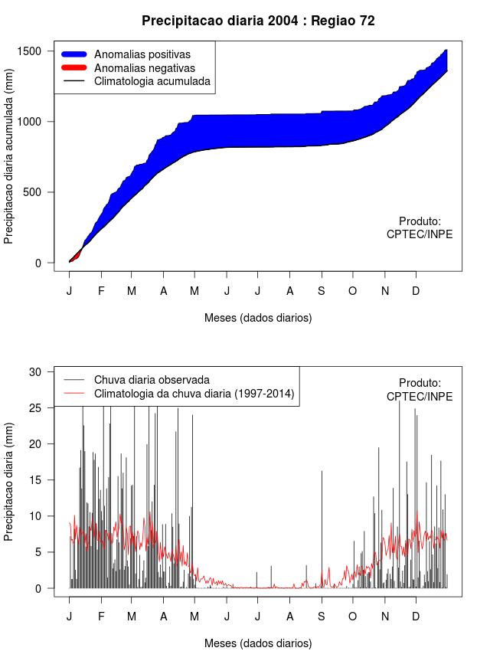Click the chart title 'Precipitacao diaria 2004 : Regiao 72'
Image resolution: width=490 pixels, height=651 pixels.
pyautogui.click(x=258, y=21)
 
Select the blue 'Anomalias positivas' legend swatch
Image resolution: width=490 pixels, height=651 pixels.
pyautogui.click(x=75, y=54)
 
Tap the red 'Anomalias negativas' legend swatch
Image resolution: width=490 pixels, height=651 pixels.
pyautogui.click(x=75, y=68)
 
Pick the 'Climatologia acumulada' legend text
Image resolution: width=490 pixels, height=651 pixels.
pyautogui.click(x=152, y=81)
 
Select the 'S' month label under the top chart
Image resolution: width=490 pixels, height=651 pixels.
pyautogui.click(x=322, y=291)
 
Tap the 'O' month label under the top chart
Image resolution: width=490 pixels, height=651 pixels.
pyautogui.click(x=353, y=291)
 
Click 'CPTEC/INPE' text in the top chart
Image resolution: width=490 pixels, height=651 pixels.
pyautogui.click(x=420, y=234)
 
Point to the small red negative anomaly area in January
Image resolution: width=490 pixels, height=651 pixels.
pyautogui.click(x=76, y=254)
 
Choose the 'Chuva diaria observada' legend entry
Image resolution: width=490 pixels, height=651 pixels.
pyautogui.click(x=152, y=380)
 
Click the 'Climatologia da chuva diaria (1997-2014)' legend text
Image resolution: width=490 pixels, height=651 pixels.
pyautogui.click(x=194, y=394)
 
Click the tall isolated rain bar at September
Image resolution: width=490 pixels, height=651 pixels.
pyautogui.click(x=322, y=528)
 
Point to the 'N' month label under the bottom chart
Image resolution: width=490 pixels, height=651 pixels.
pyautogui.click(x=385, y=617)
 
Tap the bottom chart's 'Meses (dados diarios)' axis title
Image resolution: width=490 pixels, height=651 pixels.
pyautogui.click(x=258, y=643)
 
